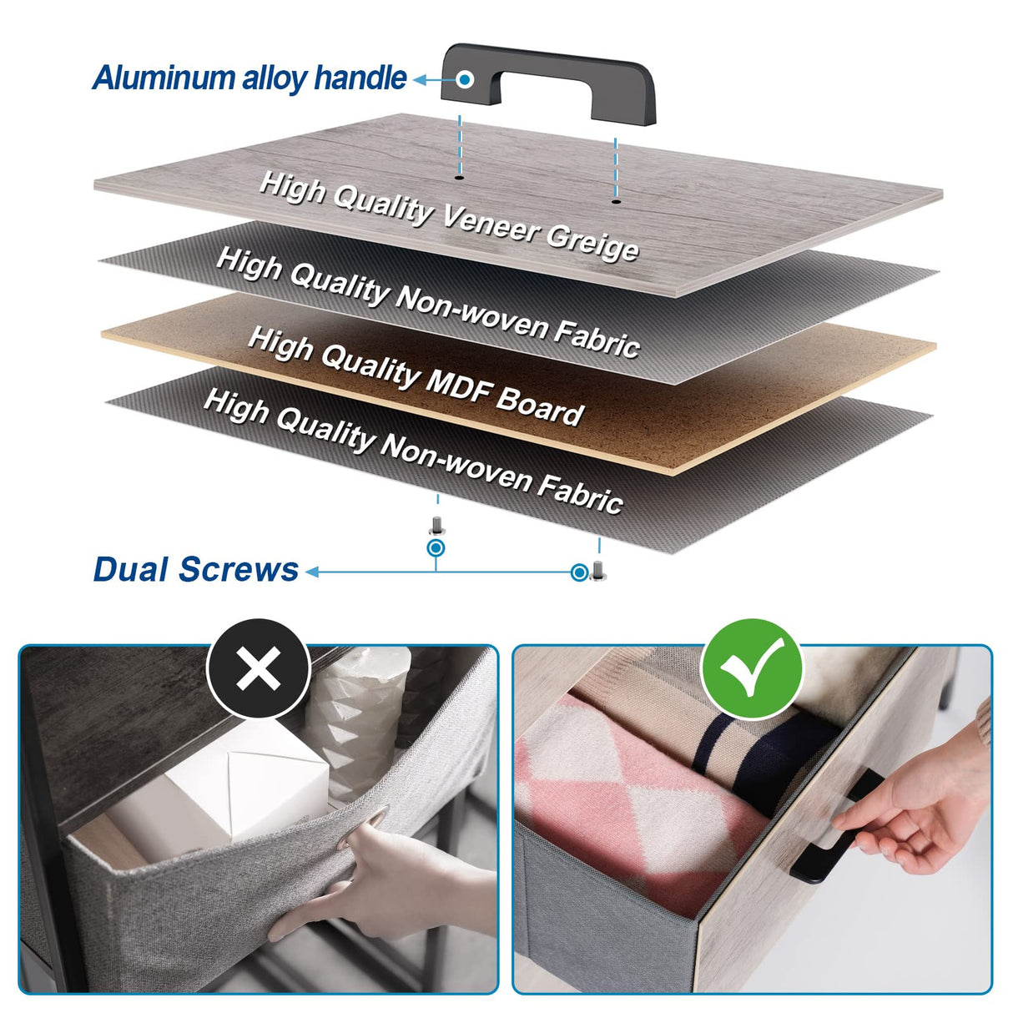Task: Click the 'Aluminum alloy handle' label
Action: pos(249,78)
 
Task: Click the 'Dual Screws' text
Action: pos(195,569)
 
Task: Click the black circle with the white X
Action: pos(258,668)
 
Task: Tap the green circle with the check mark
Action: pos(753,668)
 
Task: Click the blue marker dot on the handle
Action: pos(465,79)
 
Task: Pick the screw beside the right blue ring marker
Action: pos(597,571)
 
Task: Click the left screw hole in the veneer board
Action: pos(459,179)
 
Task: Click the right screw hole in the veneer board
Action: pos(615,201)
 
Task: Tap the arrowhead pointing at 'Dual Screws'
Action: pos(312,572)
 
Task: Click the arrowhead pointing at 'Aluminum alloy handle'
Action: pos(419,80)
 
